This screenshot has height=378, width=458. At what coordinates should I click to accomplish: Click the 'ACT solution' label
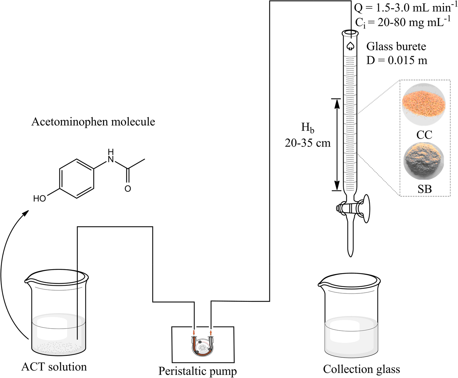54,367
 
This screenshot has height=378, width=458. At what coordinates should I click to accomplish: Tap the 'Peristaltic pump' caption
197,371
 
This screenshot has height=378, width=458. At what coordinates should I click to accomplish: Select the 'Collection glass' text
361,369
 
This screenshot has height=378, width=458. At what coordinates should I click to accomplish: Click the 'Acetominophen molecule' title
93,122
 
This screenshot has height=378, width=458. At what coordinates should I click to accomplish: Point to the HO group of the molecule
40,199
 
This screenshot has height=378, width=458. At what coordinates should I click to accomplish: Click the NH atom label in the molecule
111,156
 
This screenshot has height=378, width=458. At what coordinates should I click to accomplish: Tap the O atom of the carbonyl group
128,189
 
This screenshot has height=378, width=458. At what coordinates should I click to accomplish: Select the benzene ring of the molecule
77,179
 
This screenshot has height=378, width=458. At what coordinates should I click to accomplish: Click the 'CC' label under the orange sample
424,135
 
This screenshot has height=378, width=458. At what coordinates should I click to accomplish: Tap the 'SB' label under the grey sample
424,189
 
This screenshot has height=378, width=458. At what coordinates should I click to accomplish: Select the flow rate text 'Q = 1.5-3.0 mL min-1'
405,8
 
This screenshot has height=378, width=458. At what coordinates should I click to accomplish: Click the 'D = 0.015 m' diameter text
397,60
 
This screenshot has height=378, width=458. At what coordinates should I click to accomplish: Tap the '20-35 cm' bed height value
307,143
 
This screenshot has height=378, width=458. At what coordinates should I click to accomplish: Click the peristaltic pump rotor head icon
203,347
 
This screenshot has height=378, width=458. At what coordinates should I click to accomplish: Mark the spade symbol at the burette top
350,46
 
